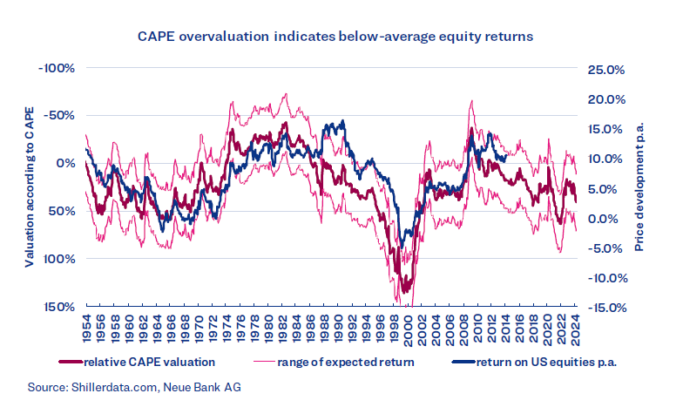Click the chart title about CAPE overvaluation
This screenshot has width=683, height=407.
pyautogui.click(x=341, y=37)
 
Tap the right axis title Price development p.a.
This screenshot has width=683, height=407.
pyautogui.click(x=639, y=187)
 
